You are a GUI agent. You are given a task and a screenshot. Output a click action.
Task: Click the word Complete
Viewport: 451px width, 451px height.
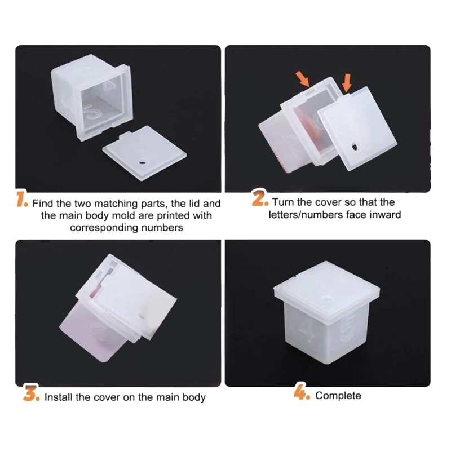click(338, 396)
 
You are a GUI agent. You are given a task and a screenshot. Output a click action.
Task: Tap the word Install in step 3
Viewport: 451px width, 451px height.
click(58, 397)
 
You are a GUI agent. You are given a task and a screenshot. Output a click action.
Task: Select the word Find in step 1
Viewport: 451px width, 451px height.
click(43, 204)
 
